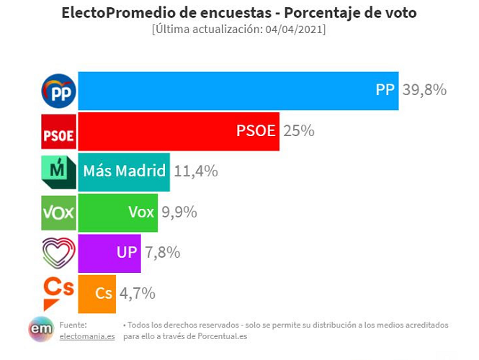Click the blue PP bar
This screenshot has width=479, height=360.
pyautogui.click(x=238, y=91)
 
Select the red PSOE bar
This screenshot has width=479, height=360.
pyautogui.click(x=178, y=131)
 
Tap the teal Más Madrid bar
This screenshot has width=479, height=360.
pyautogui.click(x=123, y=171)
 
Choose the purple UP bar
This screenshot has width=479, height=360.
pyautogui.click(x=109, y=253)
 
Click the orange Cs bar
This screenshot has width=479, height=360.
pyautogui.click(x=97, y=293)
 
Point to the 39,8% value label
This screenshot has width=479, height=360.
pyautogui.click(x=424, y=91)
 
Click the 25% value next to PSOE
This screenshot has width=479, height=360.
pyautogui.click(x=299, y=131)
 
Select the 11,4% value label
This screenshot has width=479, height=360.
pyautogui.click(x=196, y=171)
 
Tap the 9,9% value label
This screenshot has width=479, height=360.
pyautogui.click(x=179, y=212)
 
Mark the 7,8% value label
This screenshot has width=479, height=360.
pyautogui.click(x=162, y=253)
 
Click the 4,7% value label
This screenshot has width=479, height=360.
pyautogui.click(x=138, y=293)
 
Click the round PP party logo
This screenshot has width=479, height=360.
pyautogui.click(x=59, y=91)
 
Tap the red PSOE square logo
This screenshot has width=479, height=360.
pyautogui.click(x=59, y=132)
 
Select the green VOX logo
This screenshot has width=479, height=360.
pyautogui.click(x=59, y=212)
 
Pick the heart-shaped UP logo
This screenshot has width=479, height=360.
pyautogui.click(x=59, y=252)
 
